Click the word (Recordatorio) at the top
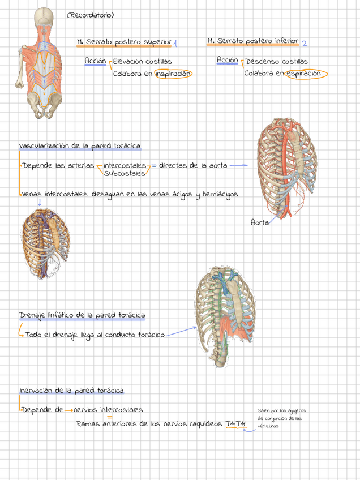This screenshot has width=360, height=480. click(x=90, y=15)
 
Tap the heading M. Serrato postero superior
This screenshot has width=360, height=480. click(x=124, y=42)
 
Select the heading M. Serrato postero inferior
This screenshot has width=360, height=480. click(x=253, y=41)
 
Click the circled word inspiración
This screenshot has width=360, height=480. click(x=173, y=74)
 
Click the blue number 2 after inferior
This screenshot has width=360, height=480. click(x=305, y=43)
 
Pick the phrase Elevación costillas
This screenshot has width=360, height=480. click(x=143, y=61)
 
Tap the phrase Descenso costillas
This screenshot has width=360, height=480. click(x=277, y=61)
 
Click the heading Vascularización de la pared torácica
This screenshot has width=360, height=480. click(x=80, y=146)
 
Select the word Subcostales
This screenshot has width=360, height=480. click(x=125, y=173)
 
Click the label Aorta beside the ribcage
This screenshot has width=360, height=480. click(x=259, y=222)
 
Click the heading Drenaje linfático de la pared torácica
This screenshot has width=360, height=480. click(x=82, y=315)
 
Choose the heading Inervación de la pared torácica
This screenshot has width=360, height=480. click(x=72, y=391)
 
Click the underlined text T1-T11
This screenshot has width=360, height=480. click(x=235, y=424)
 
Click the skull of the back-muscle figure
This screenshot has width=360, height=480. click(x=43, y=17)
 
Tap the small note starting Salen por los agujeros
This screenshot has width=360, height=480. click(x=280, y=418)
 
